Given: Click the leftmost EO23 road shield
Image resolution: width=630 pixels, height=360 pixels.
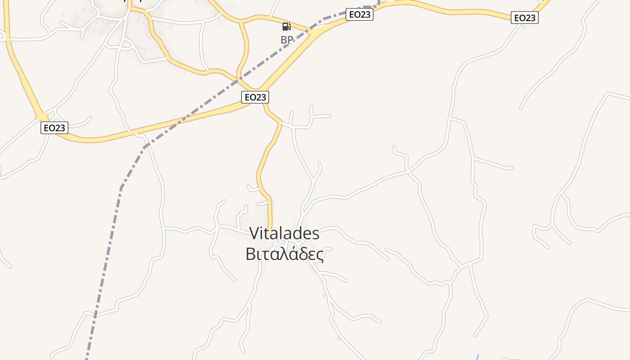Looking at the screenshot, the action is [x=54, y=128].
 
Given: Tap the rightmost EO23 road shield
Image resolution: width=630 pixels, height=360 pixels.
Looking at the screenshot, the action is [x=525, y=18].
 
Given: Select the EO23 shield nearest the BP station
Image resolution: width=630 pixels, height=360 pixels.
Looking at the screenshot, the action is [x=359, y=14].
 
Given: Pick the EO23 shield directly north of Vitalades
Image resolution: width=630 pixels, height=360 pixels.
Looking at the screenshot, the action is [x=255, y=97].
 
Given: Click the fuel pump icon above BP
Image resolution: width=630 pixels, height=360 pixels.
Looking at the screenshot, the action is [x=286, y=27].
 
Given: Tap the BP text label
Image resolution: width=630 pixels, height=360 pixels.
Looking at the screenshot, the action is [x=287, y=40].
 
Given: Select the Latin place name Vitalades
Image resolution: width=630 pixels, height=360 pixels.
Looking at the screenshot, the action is [x=284, y=234].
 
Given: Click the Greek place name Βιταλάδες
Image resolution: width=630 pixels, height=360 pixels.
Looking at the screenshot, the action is [x=284, y=254].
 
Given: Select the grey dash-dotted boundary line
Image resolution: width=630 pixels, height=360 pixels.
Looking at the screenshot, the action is [x=121, y=189].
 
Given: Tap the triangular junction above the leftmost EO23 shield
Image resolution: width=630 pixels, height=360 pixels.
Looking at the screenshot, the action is [x=42, y=117].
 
